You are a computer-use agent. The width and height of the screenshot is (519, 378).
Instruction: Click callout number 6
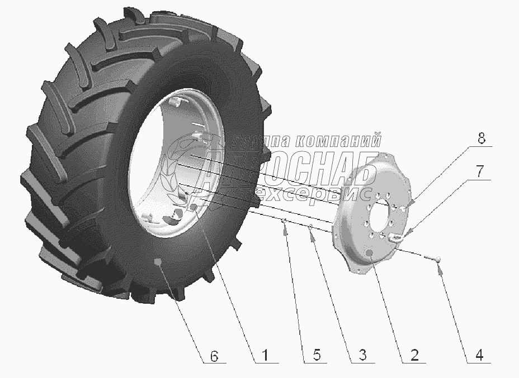click(214, 357)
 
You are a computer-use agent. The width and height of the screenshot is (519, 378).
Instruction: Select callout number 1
click(265, 356)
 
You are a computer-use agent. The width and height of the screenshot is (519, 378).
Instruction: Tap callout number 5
click(317, 355)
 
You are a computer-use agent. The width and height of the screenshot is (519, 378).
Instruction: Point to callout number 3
click(363, 355)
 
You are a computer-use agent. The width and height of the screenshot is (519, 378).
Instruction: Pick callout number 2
click(414, 355)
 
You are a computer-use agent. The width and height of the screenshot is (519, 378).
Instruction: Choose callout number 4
click(479, 355)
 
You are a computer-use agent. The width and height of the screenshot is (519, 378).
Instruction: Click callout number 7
click(480, 171)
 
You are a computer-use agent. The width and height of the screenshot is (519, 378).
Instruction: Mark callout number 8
click(482, 138)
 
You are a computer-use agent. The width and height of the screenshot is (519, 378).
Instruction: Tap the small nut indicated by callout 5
click(284, 221)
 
